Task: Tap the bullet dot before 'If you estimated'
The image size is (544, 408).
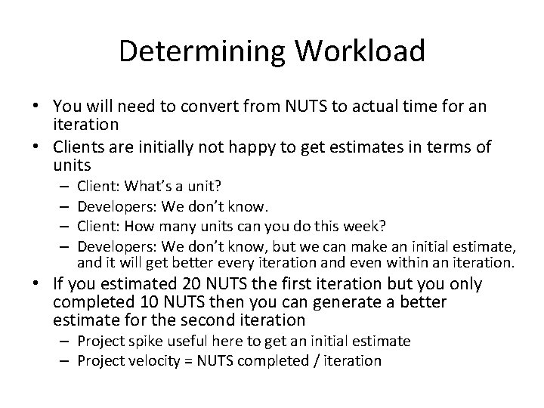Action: pyautogui.click(x=39, y=285)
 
